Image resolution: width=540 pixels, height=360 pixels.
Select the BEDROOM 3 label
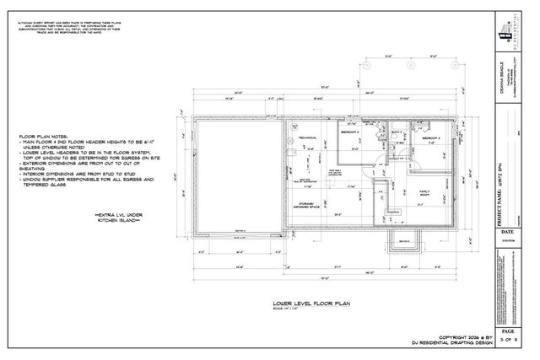[x=432, y=138]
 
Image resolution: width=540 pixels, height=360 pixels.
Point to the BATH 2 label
[x=397, y=133]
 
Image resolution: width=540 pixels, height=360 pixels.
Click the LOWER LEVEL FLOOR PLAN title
[x=310, y=299]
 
